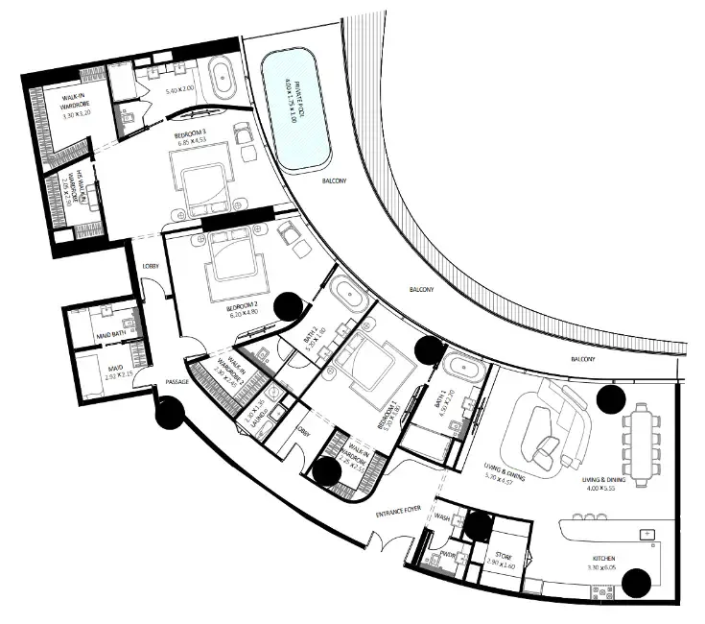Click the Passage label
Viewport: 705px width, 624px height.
[176, 381]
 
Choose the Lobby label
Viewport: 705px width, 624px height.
[150, 266]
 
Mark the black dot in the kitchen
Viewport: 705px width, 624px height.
[637, 582]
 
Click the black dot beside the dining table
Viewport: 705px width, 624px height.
[610, 397]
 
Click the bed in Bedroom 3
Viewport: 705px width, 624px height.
[200, 184]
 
